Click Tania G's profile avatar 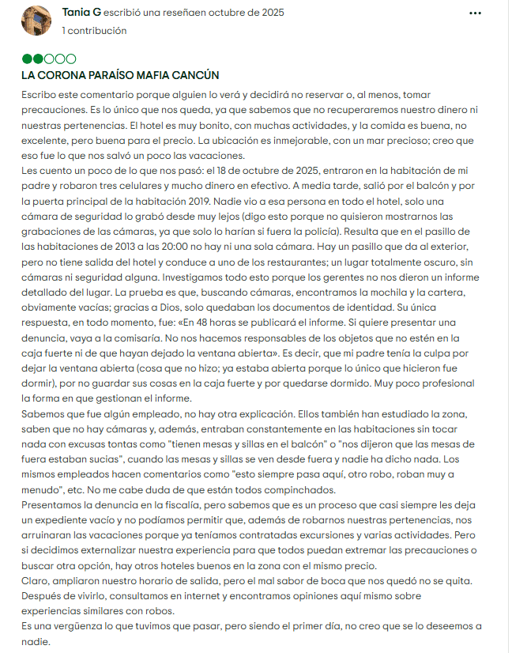[x=36, y=21]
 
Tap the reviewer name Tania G [x=81, y=13]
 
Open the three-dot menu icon [x=476, y=13]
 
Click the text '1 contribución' [x=94, y=31]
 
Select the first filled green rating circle [x=28, y=59]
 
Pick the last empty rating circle [x=71, y=59]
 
